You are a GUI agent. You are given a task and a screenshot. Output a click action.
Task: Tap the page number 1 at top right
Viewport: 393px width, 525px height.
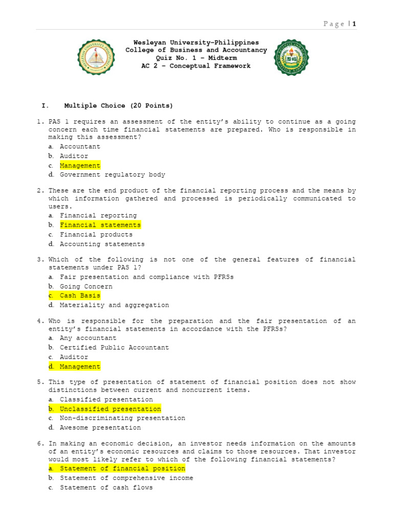tap(354, 24)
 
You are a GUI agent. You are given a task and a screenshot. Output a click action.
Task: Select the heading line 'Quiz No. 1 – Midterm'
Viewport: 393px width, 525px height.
tap(196, 58)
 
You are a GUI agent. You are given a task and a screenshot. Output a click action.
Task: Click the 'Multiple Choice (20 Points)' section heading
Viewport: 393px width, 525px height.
tap(119, 106)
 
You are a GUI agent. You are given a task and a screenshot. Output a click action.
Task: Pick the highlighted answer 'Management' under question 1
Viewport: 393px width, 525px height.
tap(80, 166)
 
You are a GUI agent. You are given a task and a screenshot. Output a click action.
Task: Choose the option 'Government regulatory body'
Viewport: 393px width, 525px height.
tap(112, 175)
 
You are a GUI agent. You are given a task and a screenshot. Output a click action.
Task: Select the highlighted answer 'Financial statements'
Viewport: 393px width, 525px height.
tap(100, 225)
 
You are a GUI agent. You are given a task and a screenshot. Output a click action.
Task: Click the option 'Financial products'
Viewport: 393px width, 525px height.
tap(96, 234)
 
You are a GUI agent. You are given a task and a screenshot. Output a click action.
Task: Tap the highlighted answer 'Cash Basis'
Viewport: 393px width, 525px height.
tap(80, 296)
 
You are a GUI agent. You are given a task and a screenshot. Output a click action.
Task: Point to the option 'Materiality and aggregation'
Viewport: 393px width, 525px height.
tap(114, 305)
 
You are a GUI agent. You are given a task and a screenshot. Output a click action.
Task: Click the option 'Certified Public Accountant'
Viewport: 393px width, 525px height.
tap(114, 348)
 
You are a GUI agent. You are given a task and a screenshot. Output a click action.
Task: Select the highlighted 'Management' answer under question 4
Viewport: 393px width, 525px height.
tap(80, 367)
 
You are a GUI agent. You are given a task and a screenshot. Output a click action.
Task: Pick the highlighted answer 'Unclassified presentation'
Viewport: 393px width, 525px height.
tap(110, 409)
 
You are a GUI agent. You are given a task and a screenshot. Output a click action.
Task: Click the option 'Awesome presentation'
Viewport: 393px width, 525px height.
tap(100, 428)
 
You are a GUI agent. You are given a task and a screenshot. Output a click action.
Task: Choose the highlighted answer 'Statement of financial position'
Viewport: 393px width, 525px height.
tap(122, 469)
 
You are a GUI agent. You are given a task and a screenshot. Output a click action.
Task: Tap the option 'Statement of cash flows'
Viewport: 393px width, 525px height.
tap(106, 488)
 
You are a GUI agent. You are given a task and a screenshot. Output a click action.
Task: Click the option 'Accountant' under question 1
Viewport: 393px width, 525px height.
tap(80, 147)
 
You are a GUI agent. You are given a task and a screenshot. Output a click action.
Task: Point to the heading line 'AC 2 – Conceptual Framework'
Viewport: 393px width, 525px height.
tap(196, 66)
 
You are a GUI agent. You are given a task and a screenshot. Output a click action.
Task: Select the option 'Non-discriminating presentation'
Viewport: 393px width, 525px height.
tap(122, 418)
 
